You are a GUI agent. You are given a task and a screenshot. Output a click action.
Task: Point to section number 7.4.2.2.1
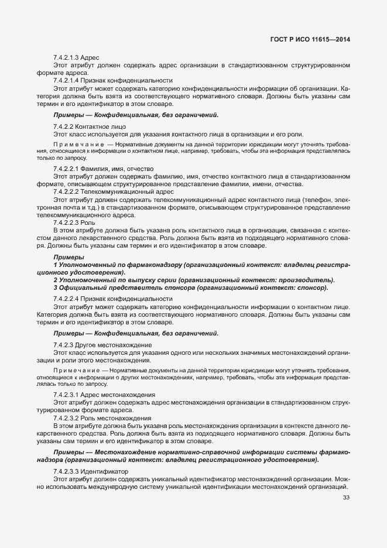[67, 169]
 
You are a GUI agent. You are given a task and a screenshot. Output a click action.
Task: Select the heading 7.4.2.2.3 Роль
[78, 222]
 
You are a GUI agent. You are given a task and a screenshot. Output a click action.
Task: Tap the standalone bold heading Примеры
[68, 258]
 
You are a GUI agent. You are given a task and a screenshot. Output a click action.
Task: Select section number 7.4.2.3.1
[67, 396]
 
